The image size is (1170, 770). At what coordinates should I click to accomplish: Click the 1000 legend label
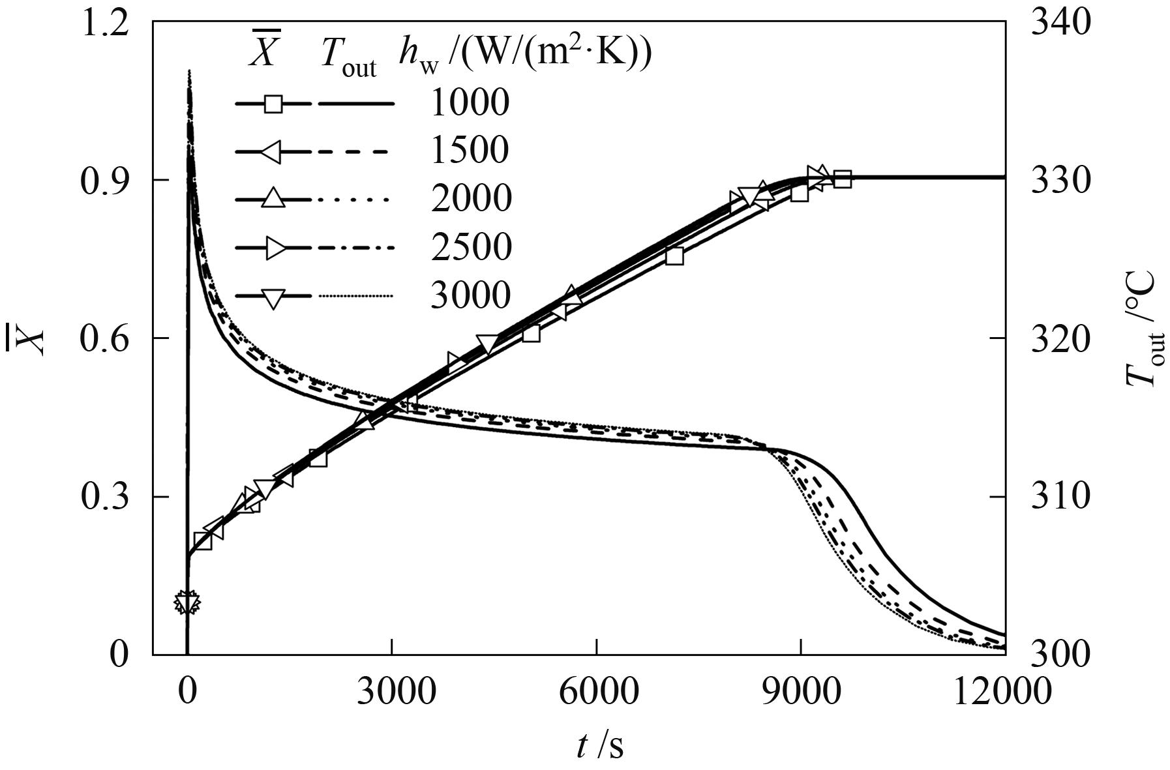[x=469, y=102]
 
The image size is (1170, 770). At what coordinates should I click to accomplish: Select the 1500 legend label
[x=469, y=150]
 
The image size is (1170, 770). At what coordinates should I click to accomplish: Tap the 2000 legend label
[x=470, y=198]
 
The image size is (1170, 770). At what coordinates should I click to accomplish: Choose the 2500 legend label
[x=470, y=247]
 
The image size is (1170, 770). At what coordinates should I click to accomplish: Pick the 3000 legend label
[x=470, y=295]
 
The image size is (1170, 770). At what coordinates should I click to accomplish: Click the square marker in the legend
[x=274, y=104]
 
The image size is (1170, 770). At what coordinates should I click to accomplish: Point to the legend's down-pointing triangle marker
[x=274, y=297]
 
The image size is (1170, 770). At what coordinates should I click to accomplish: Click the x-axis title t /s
[x=599, y=745]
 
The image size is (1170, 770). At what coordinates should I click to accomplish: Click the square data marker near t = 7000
[x=674, y=256]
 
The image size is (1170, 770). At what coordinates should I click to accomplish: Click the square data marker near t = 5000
[x=531, y=333]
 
